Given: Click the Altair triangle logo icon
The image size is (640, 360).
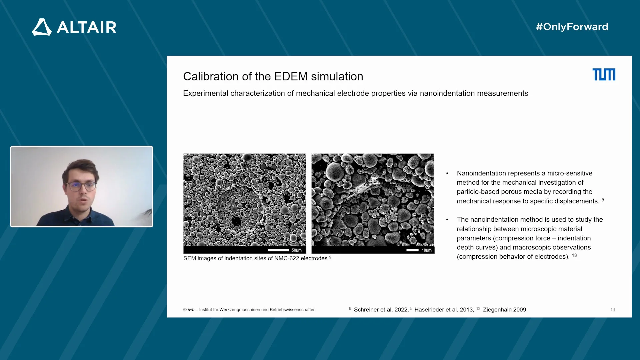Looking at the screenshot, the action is pyautogui.click(x=42, y=27).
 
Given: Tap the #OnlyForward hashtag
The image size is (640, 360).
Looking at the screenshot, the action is pyautogui.click(x=572, y=27).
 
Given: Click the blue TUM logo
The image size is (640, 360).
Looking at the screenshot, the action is pyautogui.click(x=604, y=74).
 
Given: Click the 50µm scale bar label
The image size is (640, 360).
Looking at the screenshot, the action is pyautogui.click(x=296, y=250).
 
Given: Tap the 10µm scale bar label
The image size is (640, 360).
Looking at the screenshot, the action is pyautogui.click(x=426, y=250).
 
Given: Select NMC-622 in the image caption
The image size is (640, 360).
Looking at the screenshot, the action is pyautogui.click(x=287, y=258).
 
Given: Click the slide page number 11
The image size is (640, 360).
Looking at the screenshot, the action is pyautogui.click(x=613, y=310).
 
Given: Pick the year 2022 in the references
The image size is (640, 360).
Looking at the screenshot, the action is pyautogui.click(x=401, y=310).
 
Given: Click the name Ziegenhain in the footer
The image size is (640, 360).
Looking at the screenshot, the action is pyautogui.click(x=497, y=310).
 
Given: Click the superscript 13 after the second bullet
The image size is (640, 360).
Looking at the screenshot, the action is pyautogui.click(x=574, y=255).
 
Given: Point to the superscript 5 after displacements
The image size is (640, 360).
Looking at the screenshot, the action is pyautogui.click(x=603, y=200).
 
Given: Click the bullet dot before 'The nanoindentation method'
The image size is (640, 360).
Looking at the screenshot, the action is pyautogui.click(x=447, y=220).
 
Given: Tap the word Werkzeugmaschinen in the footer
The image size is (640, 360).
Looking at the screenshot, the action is pyautogui.click(x=240, y=310).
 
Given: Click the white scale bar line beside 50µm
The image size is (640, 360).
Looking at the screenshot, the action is pyautogui.click(x=278, y=250).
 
